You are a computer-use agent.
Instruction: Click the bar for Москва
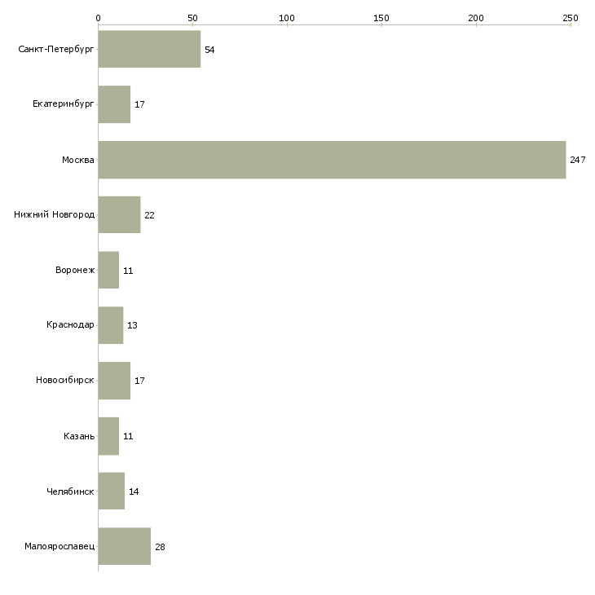click(x=332, y=160)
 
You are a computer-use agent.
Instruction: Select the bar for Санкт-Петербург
click(x=149, y=49)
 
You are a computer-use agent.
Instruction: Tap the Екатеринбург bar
click(x=114, y=104)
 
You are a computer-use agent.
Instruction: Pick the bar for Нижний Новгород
click(x=119, y=215)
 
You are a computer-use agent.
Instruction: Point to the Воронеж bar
click(x=108, y=270)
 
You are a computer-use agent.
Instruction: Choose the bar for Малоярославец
click(x=125, y=546)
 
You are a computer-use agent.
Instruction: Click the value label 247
click(x=578, y=160)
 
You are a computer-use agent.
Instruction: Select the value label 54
click(x=209, y=50)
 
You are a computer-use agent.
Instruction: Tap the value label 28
click(x=160, y=547)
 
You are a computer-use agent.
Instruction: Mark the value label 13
click(x=132, y=325)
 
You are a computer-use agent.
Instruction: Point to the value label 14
click(x=134, y=491)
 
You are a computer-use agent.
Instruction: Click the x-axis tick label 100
click(x=287, y=18)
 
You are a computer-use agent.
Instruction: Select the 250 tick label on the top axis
click(x=571, y=18)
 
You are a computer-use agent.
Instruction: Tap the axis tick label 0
click(x=99, y=18)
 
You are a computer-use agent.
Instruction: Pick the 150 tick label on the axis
click(x=381, y=18)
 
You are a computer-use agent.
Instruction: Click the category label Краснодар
click(x=70, y=325)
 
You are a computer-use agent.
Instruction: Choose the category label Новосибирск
click(x=65, y=380)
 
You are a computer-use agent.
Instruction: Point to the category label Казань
click(x=79, y=436)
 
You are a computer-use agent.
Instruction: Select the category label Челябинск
click(x=70, y=491)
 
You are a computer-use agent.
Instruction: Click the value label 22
click(x=149, y=215)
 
